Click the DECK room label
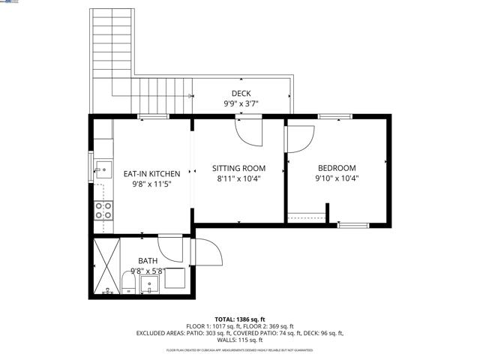pos(241,94)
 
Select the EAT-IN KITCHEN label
pos(151,173)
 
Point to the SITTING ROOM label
pos(238,169)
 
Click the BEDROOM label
pos(337,169)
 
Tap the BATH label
pos(148,261)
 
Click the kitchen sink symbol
pos(103,172)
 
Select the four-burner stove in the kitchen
pos(103,210)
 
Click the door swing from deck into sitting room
pos(249,131)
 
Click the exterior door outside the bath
pos(205,252)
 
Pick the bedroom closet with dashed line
pos(306,217)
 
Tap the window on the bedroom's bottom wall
pos(352,224)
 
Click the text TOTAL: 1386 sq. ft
pos(240,319)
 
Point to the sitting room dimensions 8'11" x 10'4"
pos(238,179)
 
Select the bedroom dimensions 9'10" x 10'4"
pos(337,179)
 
